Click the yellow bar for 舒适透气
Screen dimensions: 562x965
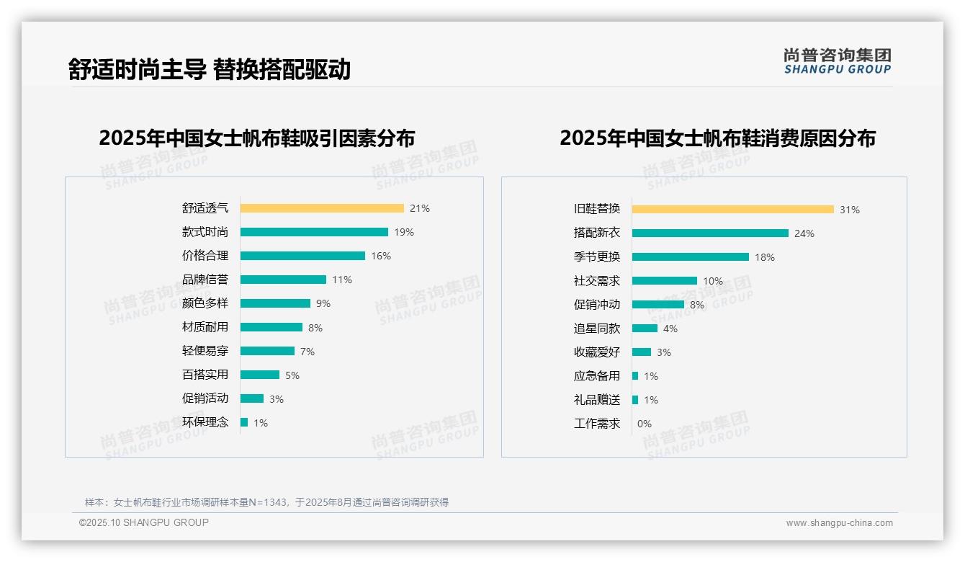(x=322, y=208)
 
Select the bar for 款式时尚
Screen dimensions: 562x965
(x=314, y=232)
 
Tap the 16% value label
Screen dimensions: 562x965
(x=381, y=256)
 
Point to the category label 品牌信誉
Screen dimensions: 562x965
(x=205, y=280)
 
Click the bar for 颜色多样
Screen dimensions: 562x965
(x=275, y=303)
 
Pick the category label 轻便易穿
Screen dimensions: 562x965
(x=205, y=351)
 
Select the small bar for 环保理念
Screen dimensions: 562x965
(x=244, y=422)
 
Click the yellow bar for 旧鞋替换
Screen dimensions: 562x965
(x=732, y=209)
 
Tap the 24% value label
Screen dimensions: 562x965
(x=804, y=233)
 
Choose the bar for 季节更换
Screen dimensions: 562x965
(x=690, y=257)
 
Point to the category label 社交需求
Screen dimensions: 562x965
(x=597, y=281)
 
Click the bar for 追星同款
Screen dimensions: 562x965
(x=645, y=328)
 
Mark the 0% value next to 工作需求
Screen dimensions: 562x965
(x=645, y=424)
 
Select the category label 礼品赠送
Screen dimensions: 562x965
(x=597, y=400)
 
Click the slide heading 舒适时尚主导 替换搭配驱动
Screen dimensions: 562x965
(x=209, y=69)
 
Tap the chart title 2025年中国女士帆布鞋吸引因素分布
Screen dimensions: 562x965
(x=257, y=138)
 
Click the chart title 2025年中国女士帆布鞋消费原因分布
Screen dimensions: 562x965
(x=717, y=138)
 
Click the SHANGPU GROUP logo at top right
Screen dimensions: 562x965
(x=838, y=61)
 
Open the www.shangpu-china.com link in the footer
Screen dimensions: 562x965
(x=839, y=523)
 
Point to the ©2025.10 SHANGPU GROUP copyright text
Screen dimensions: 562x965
(x=144, y=522)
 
